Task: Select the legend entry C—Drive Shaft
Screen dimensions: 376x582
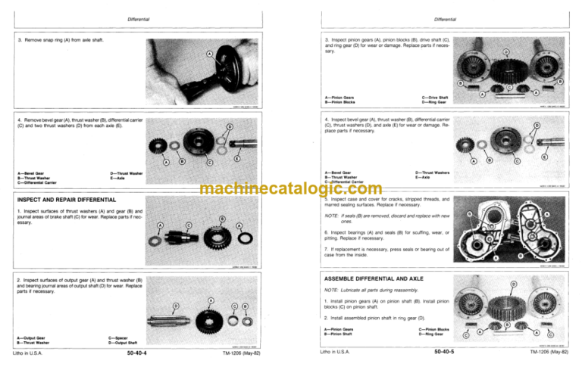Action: [x=435, y=96]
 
